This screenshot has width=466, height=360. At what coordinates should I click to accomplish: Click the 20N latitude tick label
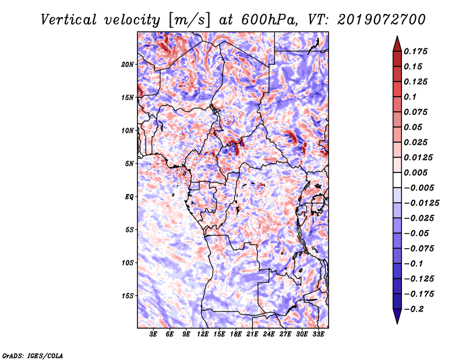tap(128, 64)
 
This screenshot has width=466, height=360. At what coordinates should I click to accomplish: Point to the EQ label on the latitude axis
tap(129, 197)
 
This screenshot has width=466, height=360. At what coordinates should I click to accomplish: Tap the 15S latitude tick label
tap(128, 296)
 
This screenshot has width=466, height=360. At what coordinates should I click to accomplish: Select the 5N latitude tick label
tap(129, 164)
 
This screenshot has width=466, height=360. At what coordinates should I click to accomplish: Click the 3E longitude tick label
tap(154, 334)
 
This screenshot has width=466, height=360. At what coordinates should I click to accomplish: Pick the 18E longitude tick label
tap(236, 334)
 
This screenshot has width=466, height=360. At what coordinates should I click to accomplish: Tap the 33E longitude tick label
tap(319, 334)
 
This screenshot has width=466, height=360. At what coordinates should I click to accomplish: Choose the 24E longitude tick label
tap(269, 334)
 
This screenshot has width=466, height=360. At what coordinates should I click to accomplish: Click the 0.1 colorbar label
tap(411, 97)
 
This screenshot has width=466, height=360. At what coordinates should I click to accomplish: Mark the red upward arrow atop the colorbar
tap(397, 43)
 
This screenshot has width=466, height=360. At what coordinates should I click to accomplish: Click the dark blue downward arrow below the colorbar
tap(397, 316)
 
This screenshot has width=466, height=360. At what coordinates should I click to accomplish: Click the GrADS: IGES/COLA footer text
tap(32, 355)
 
